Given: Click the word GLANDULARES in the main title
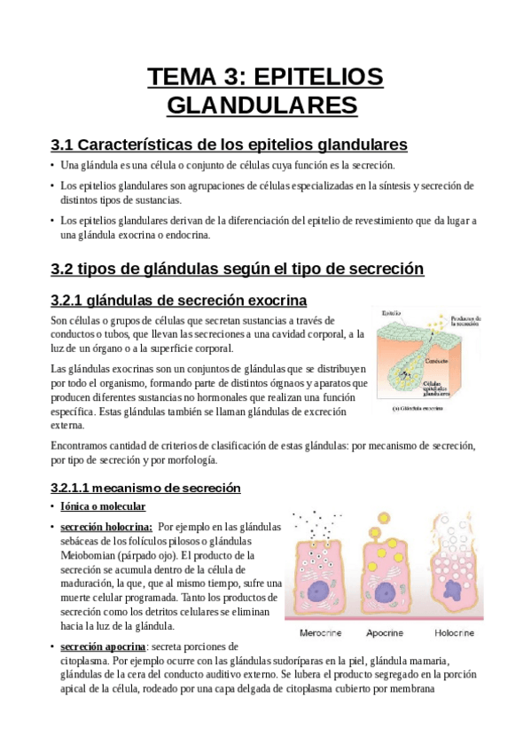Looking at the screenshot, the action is point(262,106).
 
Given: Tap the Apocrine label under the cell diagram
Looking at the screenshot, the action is point(387,633).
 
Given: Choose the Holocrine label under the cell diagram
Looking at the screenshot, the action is point(453,633).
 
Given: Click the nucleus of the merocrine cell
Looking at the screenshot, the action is point(321,591).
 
